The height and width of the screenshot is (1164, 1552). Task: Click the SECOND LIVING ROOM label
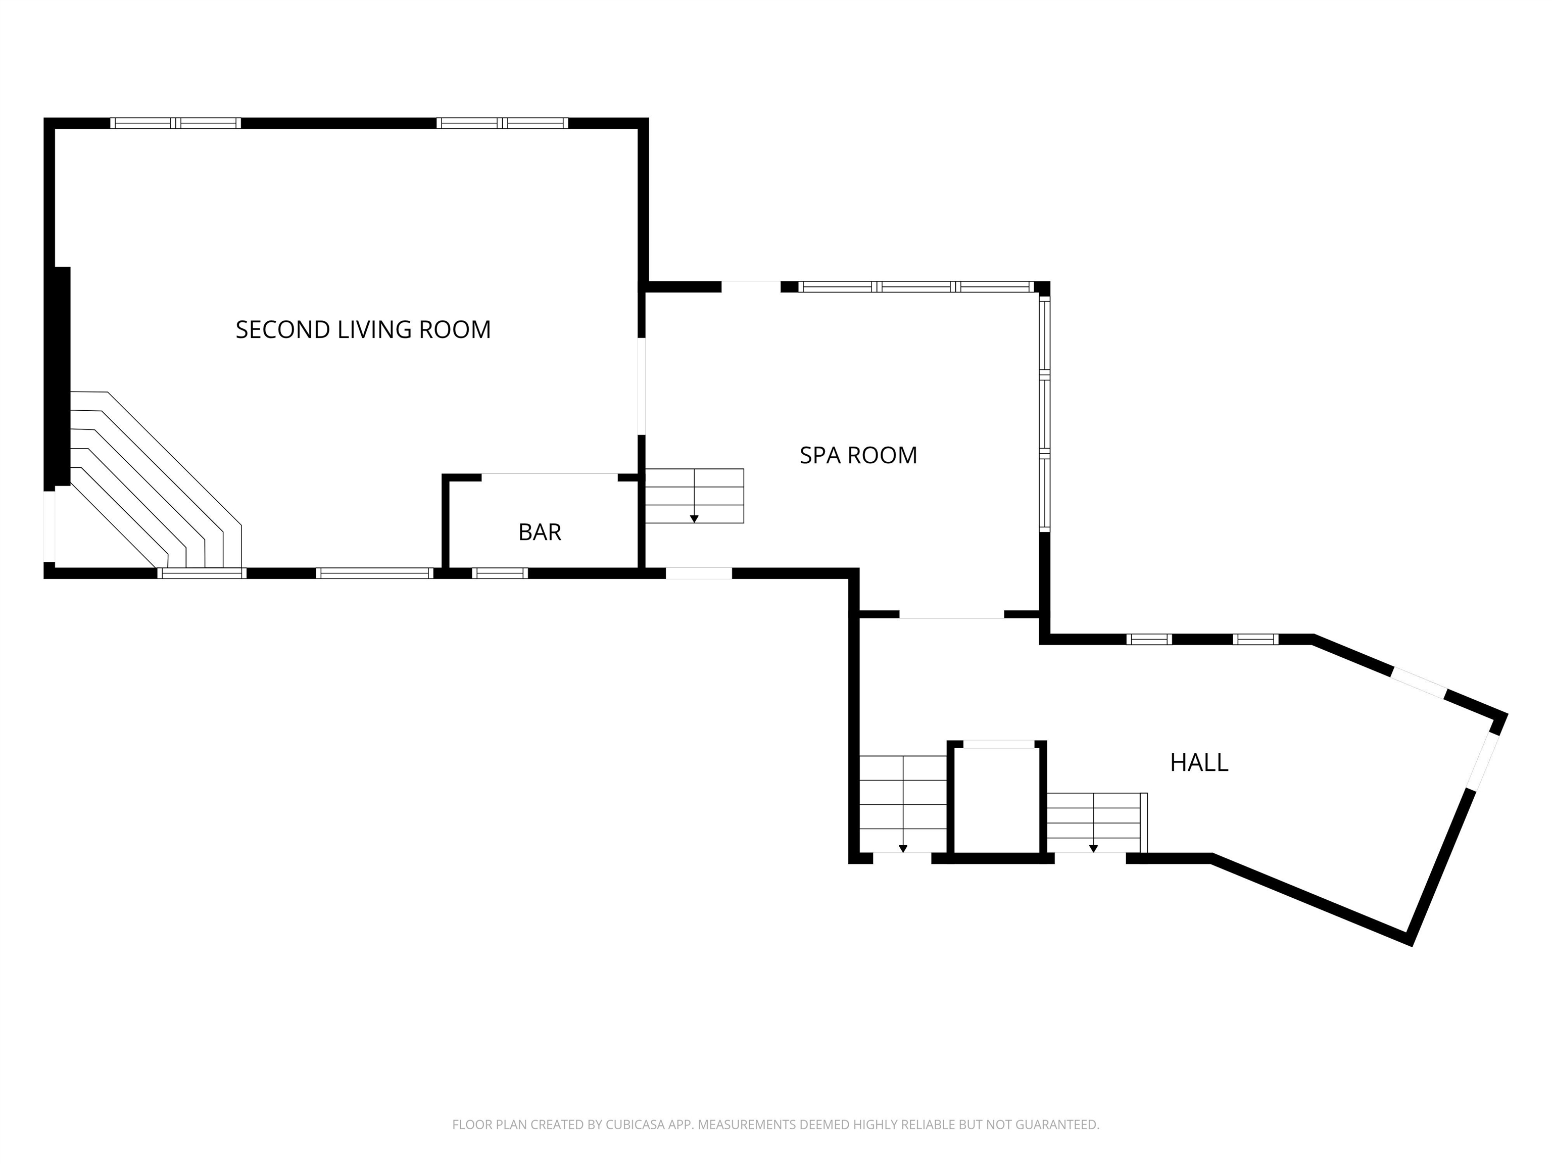(363, 330)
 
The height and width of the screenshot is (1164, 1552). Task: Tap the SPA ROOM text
(858, 455)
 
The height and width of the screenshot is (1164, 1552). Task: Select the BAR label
(540, 532)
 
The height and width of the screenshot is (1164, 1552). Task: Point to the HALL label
(1198, 763)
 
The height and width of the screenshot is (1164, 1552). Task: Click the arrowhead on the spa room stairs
(694, 518)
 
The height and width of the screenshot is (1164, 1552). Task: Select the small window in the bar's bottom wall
(500, 573)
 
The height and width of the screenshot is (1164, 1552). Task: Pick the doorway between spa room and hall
(951, 615)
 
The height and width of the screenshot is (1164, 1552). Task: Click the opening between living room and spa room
(641, 386)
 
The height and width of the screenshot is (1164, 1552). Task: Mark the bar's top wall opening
(549, 478)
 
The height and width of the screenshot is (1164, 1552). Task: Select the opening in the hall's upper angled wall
(1418, 684)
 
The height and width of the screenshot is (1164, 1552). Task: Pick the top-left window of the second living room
(175, 123)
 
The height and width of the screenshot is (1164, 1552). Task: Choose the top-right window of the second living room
(502, 123)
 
